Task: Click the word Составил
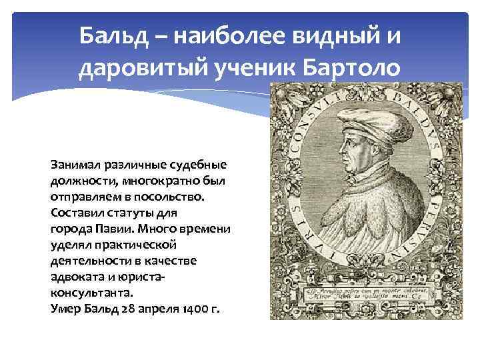click(x=77, y=213)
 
